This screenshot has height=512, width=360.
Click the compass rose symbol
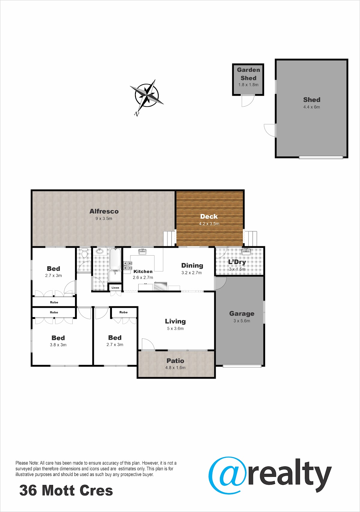147,96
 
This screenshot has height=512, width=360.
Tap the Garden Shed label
248,74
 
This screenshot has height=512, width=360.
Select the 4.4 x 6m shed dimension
312,107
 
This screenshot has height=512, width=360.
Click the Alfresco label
104,211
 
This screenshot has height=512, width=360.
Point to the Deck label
209,217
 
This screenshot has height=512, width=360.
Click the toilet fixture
85,253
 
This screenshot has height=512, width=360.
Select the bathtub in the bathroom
115,259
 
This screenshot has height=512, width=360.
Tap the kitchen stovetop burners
127,265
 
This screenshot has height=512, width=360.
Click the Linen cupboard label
115,288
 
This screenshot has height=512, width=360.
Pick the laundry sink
246,252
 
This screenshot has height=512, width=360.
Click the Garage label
242,314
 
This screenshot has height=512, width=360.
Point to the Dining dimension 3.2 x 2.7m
191,273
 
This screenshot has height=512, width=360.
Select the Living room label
175,321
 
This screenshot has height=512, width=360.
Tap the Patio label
175,361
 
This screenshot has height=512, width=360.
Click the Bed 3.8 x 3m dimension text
58,345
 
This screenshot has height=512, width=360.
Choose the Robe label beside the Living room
124,312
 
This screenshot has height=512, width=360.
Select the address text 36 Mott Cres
66,490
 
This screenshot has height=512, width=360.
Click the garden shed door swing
248,101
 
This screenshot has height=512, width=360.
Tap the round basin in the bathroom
100,251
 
